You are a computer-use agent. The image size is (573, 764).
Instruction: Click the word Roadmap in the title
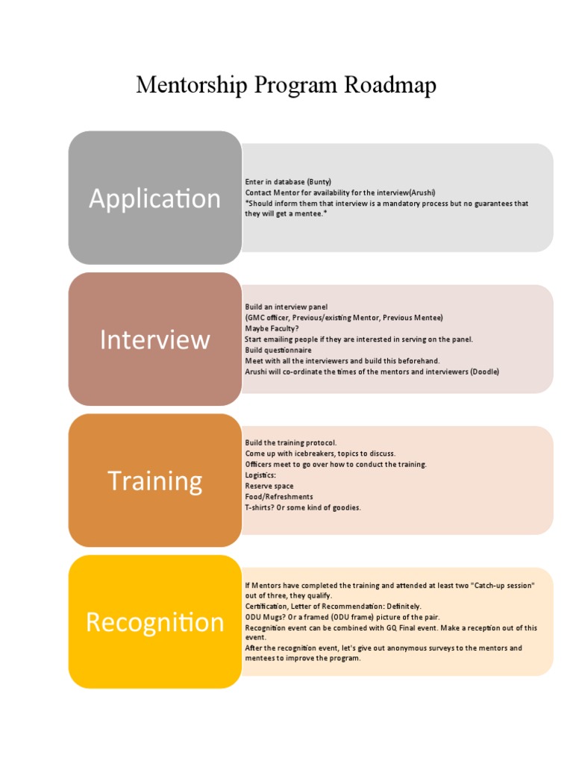coord(390,85)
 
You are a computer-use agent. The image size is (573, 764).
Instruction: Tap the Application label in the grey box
coord(154,198)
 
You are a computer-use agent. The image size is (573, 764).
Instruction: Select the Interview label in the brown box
coord(154,339)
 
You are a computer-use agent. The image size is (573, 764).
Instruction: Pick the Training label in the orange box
coord(154,480)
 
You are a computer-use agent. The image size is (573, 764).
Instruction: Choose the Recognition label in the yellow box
coord(154,621)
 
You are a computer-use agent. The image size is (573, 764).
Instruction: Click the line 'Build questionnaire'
coord(278,350)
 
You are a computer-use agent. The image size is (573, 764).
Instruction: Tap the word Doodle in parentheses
coord(484,372)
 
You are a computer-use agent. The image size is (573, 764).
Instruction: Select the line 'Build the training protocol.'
coord(291,442)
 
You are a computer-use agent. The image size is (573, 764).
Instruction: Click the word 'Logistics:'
coord(260,475)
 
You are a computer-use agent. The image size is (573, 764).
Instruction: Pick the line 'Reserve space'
coord(269,486)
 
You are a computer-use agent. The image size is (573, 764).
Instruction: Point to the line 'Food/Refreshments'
coord(279,496)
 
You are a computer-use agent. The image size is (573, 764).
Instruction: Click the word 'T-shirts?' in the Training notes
coord(261,507)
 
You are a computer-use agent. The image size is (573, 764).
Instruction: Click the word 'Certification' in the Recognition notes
coord(266,607)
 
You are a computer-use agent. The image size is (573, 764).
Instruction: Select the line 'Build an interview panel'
coord(286,307)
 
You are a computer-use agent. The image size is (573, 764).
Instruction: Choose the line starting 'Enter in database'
coord(287,182)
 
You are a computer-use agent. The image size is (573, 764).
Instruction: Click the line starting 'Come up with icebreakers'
coord(320,453)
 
